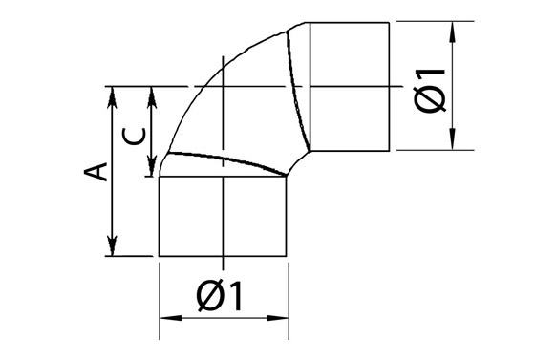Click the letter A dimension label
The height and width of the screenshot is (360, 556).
click(94, 172)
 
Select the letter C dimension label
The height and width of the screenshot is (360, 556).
click(137, 134)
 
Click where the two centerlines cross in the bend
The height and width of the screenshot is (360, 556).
click(222, 88)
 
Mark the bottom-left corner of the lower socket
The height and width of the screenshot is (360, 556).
click(159, 256)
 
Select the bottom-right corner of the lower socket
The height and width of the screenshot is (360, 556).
click(288, 256)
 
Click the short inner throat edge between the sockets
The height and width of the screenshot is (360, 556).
click(299, 163)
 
